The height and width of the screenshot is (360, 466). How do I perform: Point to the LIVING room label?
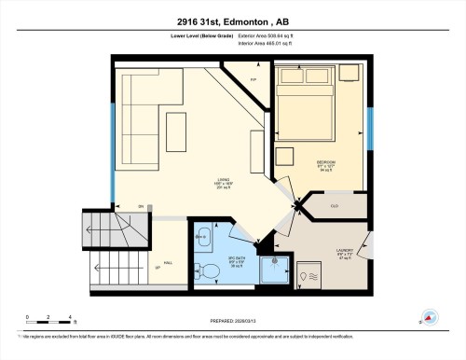pos(223,183)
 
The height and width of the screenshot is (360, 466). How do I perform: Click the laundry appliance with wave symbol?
pos(312,275)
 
